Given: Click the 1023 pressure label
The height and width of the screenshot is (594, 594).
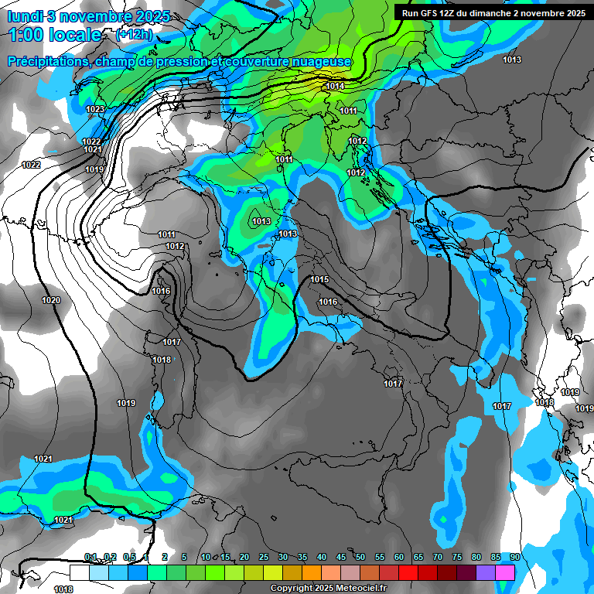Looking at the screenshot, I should (95, 109).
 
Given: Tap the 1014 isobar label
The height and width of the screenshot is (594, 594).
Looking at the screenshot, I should (335, 86).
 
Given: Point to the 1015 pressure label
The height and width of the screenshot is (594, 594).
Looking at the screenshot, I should (319, 279).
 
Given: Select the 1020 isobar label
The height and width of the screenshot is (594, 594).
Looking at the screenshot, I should (51, 300).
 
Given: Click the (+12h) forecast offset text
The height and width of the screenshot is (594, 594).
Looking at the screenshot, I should (134, 35).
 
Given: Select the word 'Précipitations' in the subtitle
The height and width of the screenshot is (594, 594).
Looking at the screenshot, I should (49, 61).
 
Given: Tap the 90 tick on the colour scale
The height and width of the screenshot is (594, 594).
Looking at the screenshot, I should (514, 558).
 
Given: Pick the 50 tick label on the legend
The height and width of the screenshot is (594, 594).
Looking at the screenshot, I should (360, 558).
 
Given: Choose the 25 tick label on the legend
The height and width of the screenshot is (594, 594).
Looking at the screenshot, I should (264, 558).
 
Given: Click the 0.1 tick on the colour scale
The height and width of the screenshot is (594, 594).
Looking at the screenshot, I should (90, 558).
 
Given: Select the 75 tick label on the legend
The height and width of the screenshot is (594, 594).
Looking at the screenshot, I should (456, 558).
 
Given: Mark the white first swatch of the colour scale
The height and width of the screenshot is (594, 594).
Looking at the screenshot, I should (79, 572).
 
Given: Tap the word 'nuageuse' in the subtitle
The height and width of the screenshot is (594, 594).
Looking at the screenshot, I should (319, 61).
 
